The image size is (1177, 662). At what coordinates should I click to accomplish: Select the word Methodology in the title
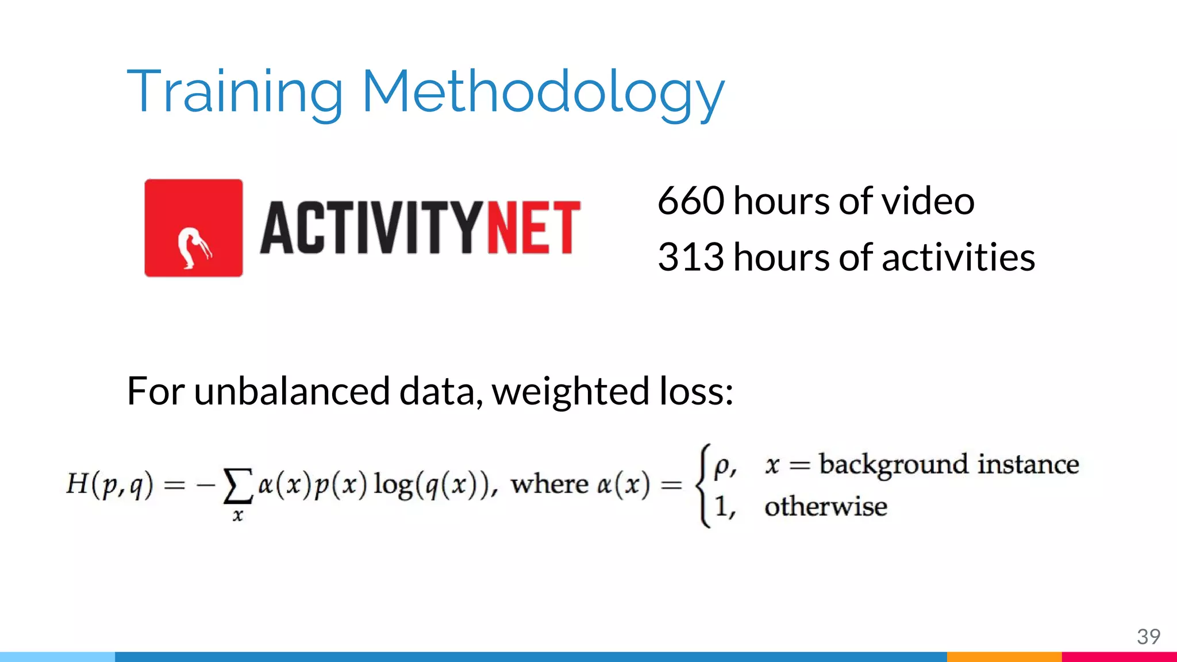pyautogui.click(x=543, y=92)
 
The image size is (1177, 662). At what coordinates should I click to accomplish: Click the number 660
pyautogui.click(x=691, y=201)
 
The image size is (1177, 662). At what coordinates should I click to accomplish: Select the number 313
pyautogui.click(x=691, y=257)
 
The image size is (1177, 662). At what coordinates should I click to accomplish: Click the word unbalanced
pyautogui.click(x=293, y=391)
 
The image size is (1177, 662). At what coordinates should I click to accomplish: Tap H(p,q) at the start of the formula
pyautogui.click(x=110, y=484)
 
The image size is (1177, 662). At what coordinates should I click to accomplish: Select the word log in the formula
pyautogui.click(x=393, y=484)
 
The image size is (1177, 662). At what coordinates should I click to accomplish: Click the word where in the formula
pyautogui.click(x=549, y=484)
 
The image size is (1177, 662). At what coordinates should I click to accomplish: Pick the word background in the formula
pyautogui.click(x=894, y=464)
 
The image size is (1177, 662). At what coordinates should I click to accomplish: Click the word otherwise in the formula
pyautogui.click(x=825, y=507)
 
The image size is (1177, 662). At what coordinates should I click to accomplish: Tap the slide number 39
pyautogui.click(x=1148, y=636)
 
